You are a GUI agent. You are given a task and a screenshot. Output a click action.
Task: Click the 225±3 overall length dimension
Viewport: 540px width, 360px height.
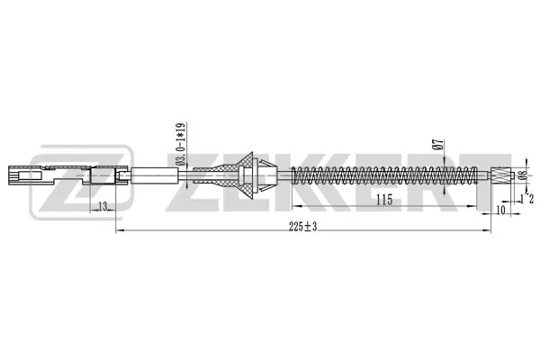(x=302, y=226)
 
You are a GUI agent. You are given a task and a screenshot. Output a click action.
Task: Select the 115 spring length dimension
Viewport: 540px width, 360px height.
(x=384, y=200)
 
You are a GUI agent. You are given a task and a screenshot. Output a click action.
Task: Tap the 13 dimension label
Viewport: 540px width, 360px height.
(x=103, y=206)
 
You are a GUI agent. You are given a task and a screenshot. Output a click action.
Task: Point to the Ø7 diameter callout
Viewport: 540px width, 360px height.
(x=438, y=144)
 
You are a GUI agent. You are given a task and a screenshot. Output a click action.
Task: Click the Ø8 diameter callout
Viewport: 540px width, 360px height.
(x=523, y=175)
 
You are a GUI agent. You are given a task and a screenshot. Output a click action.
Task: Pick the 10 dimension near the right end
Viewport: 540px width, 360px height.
(x=500, y=210)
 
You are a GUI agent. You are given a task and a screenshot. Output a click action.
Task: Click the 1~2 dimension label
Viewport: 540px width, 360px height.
(x=526, y=198)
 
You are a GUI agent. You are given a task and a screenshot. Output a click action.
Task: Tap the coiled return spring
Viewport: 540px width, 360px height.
(x=384, y=175)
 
